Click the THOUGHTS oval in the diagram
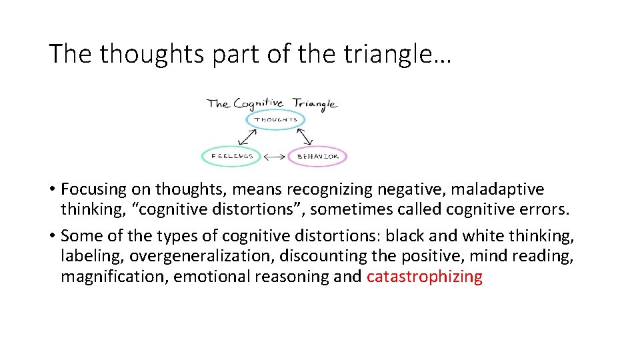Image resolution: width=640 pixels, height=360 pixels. [x=276, y=120]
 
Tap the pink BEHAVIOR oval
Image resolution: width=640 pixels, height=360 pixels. [x=317, y=157]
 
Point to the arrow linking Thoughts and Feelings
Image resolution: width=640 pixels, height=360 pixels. [x=248, y=137]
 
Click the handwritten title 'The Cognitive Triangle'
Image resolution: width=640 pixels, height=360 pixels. [x=272, y=103]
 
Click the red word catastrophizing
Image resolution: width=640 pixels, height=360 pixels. [x=424, y=277]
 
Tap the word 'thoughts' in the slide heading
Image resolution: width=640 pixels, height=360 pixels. [x=153, y=54]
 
